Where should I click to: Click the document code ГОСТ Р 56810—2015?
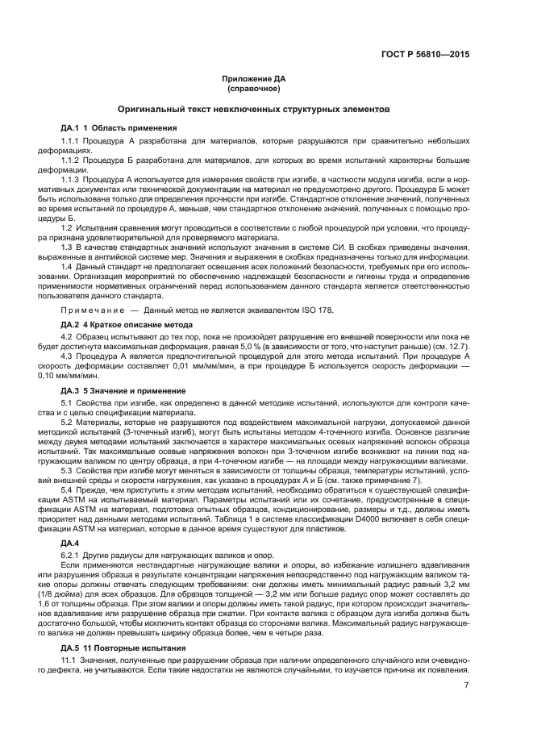click(x=425, y=55)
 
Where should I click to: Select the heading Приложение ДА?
click(x=254, y=79)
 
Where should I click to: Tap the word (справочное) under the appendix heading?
click(x=254, y=88)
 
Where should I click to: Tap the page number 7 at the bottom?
click(x=466, y=686)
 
